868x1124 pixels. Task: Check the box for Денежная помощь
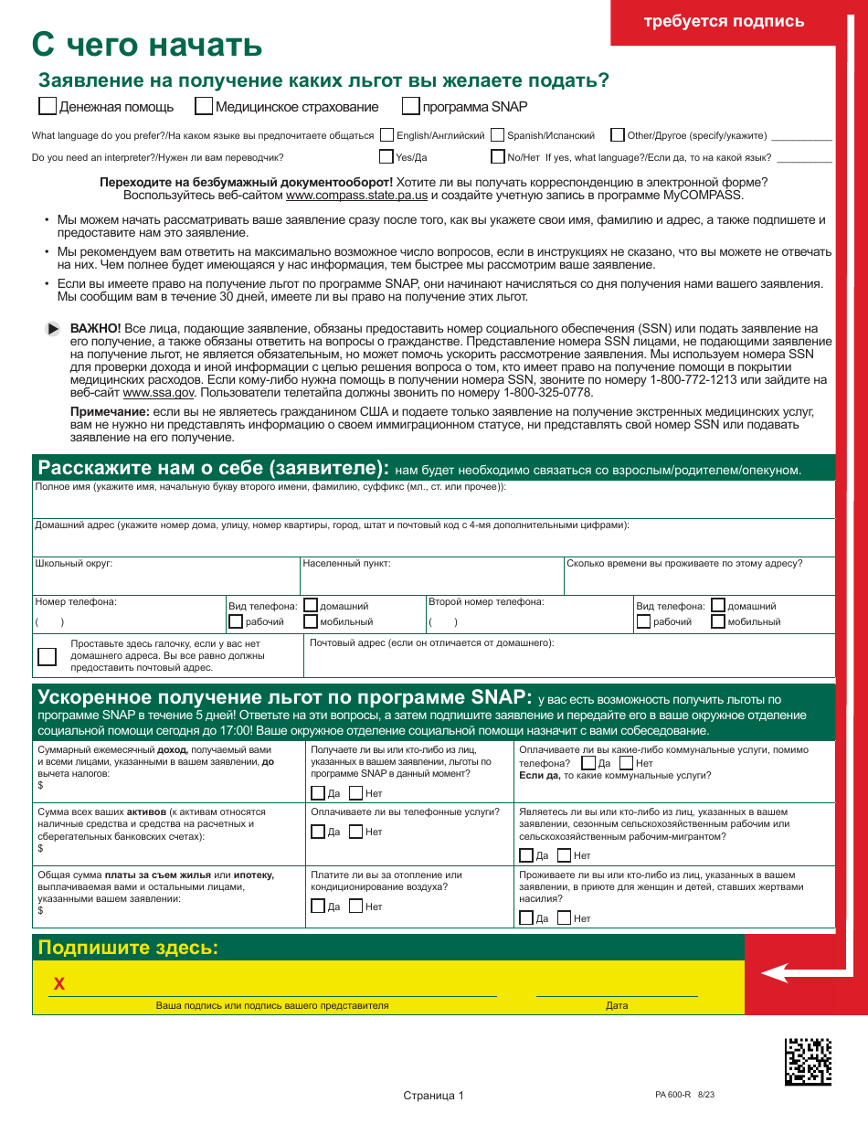[x=48, y=106]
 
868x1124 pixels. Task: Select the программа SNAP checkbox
[x=411, y=106]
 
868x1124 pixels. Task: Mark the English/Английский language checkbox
[x=387, y=135]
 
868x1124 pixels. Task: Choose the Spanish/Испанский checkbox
[x=498, y=135]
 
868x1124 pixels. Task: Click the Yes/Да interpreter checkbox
[x=387, y=156]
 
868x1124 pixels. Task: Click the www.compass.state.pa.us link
[x=356, y=195]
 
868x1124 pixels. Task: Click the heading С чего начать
[x=147, y=43]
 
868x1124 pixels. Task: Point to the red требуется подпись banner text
[x=724, y=22]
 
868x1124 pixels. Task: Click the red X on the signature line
[x=59, y=983]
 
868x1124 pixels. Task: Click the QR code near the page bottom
[x=809, y=1061]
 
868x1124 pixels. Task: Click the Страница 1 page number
[x=434, y=1096]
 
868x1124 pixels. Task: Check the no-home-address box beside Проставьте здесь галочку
[x=47, y=657]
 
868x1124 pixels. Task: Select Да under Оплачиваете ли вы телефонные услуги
[x=318, y=832]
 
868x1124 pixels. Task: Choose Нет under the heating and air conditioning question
[x=356, y=907]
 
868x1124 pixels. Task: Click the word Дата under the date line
[x=617, y=1005]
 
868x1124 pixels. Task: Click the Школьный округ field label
[x=73, y=564]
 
